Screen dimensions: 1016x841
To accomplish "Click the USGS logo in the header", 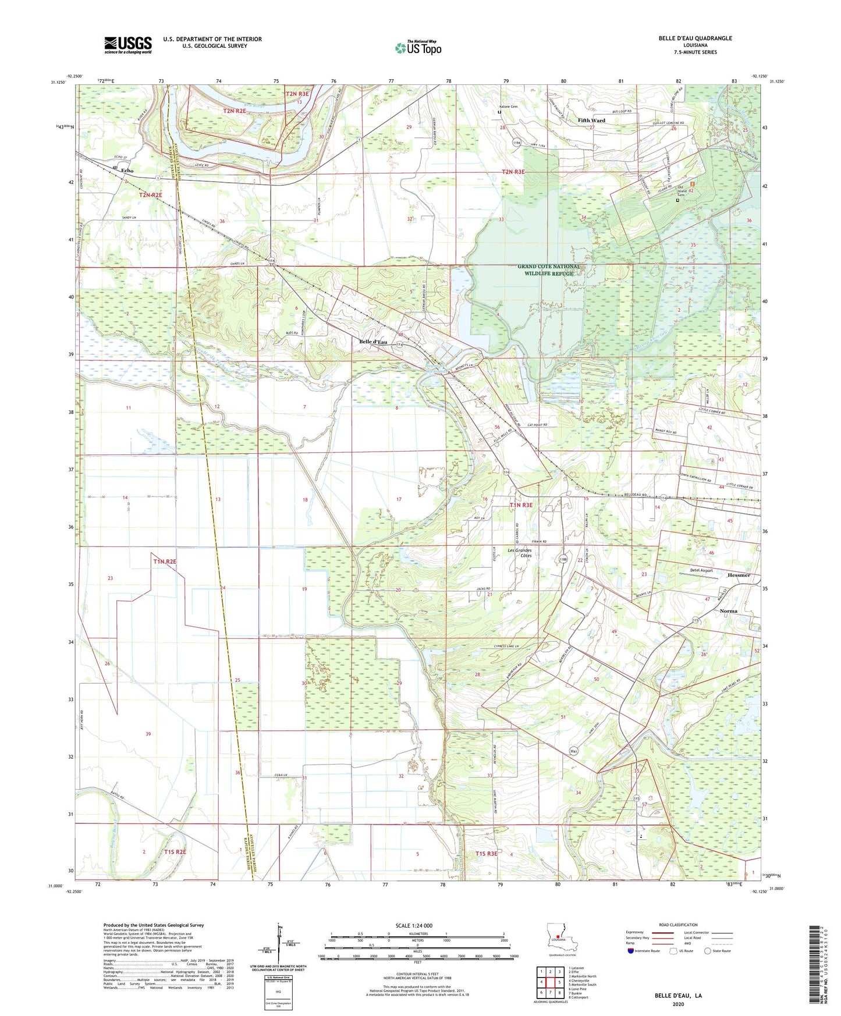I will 128,45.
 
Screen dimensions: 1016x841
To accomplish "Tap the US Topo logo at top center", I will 418,48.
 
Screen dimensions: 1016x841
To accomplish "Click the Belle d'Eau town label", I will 373,342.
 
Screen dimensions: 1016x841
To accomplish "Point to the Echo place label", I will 127,170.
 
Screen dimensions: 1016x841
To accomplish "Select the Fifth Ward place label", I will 591,120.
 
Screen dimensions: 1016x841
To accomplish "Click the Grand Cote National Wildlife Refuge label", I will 549,270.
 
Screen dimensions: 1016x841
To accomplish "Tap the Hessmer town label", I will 739,575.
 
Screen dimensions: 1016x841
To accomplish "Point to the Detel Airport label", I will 701,570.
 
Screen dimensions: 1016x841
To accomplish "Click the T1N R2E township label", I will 165,562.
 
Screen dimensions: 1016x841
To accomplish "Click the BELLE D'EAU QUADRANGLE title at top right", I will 695,38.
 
